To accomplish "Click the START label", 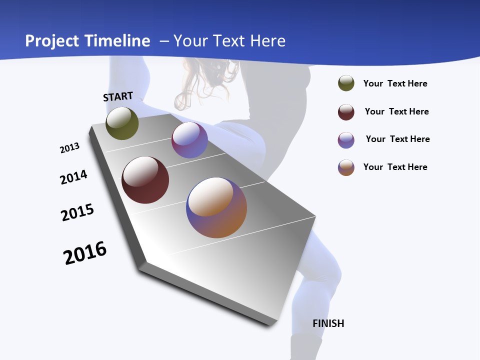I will (x=118, y=96).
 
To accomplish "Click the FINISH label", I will (x=328, y=323).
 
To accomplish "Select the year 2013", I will (x=69, y=148).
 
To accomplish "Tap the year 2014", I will (x=73, y=177).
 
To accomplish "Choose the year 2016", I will (x=85, y=253).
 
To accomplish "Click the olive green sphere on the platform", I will (x=122, y=123).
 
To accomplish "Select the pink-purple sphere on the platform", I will (x=189, y=140).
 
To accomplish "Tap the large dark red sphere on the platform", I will (x=145, y=180).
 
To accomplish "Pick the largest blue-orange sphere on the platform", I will (x=216, y=207).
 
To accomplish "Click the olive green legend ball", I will (x=346, y=83).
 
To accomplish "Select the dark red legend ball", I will (x=346, y=112).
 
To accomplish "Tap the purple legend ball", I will (x=346, y=140).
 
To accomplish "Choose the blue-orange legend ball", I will (x=346, y=167).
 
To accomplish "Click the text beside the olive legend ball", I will (x=395, y=83).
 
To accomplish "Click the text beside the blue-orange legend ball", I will (x=395, y=167).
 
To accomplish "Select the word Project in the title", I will (x=51, y=41).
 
